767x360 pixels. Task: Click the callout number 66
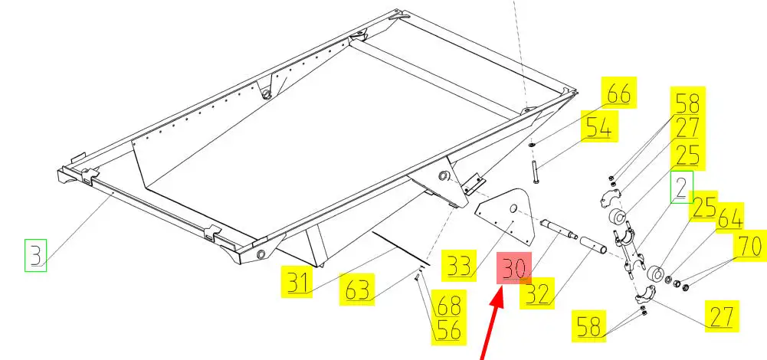[618, 93]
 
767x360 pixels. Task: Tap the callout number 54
[598, 128]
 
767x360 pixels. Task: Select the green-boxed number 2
[681, 187]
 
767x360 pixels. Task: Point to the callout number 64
[729, 218]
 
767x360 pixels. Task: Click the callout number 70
[749, 246]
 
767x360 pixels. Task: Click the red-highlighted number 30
[513, 268]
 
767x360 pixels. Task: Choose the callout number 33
[458, 266]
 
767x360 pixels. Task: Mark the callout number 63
[356, 290]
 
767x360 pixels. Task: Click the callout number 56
[449, 329]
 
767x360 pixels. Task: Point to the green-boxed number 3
[36, 255]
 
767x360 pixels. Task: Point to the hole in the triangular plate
[513, 209]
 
